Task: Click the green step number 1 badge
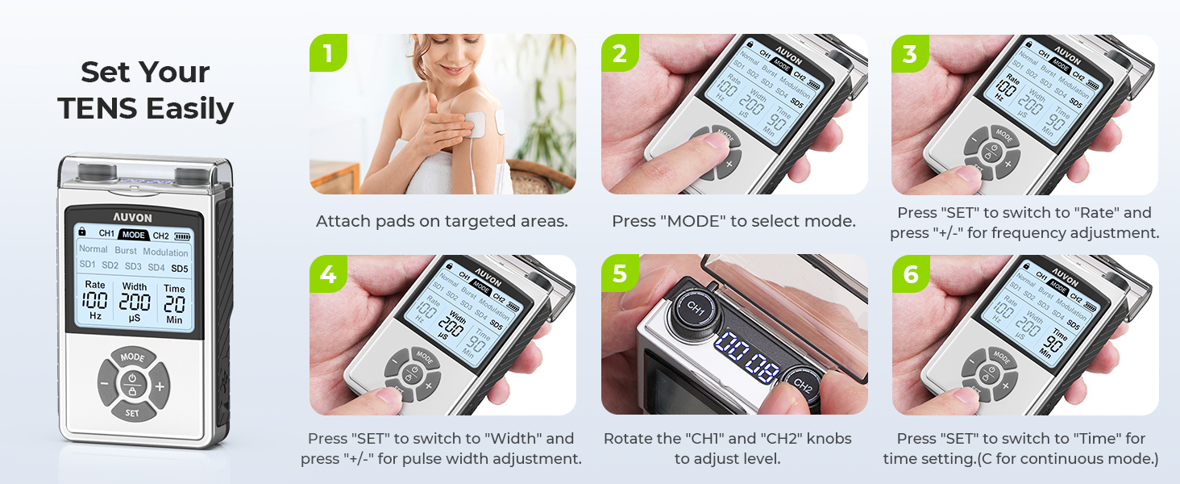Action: pyautogui.click(x=327, y=53)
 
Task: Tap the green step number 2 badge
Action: pyautogui.click(x=619, y=53)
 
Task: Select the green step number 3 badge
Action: pyautogui.click(x=909, y=53)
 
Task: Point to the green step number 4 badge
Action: pyautogui.click(x=327, y=274)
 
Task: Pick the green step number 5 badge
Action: pyautogui.click(x=619, y=274)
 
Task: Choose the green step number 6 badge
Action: pyautogui.click(x=909, y=274)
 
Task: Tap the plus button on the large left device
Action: pyautogui.click(x=160, y=386)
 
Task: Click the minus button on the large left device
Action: pyautogui.click(x=105, y=386)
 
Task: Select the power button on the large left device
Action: pyautogui.click(x=132, y=378)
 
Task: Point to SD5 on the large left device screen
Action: pyautogui.click(x=179, y=268)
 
